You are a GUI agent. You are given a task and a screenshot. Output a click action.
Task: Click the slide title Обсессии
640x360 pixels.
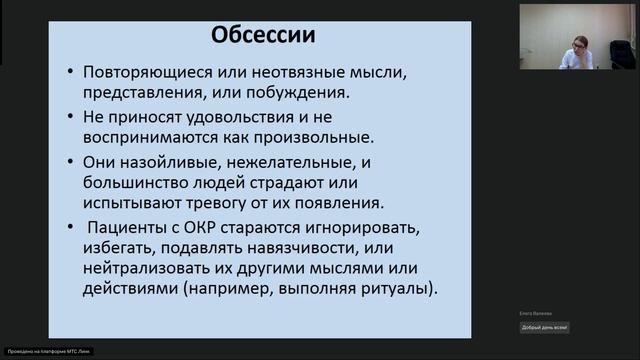[x=263, y=36]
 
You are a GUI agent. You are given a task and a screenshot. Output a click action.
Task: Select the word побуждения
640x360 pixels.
[x=299, y=93]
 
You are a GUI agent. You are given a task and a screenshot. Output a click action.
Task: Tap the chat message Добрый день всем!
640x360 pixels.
[x=544, y=328]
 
